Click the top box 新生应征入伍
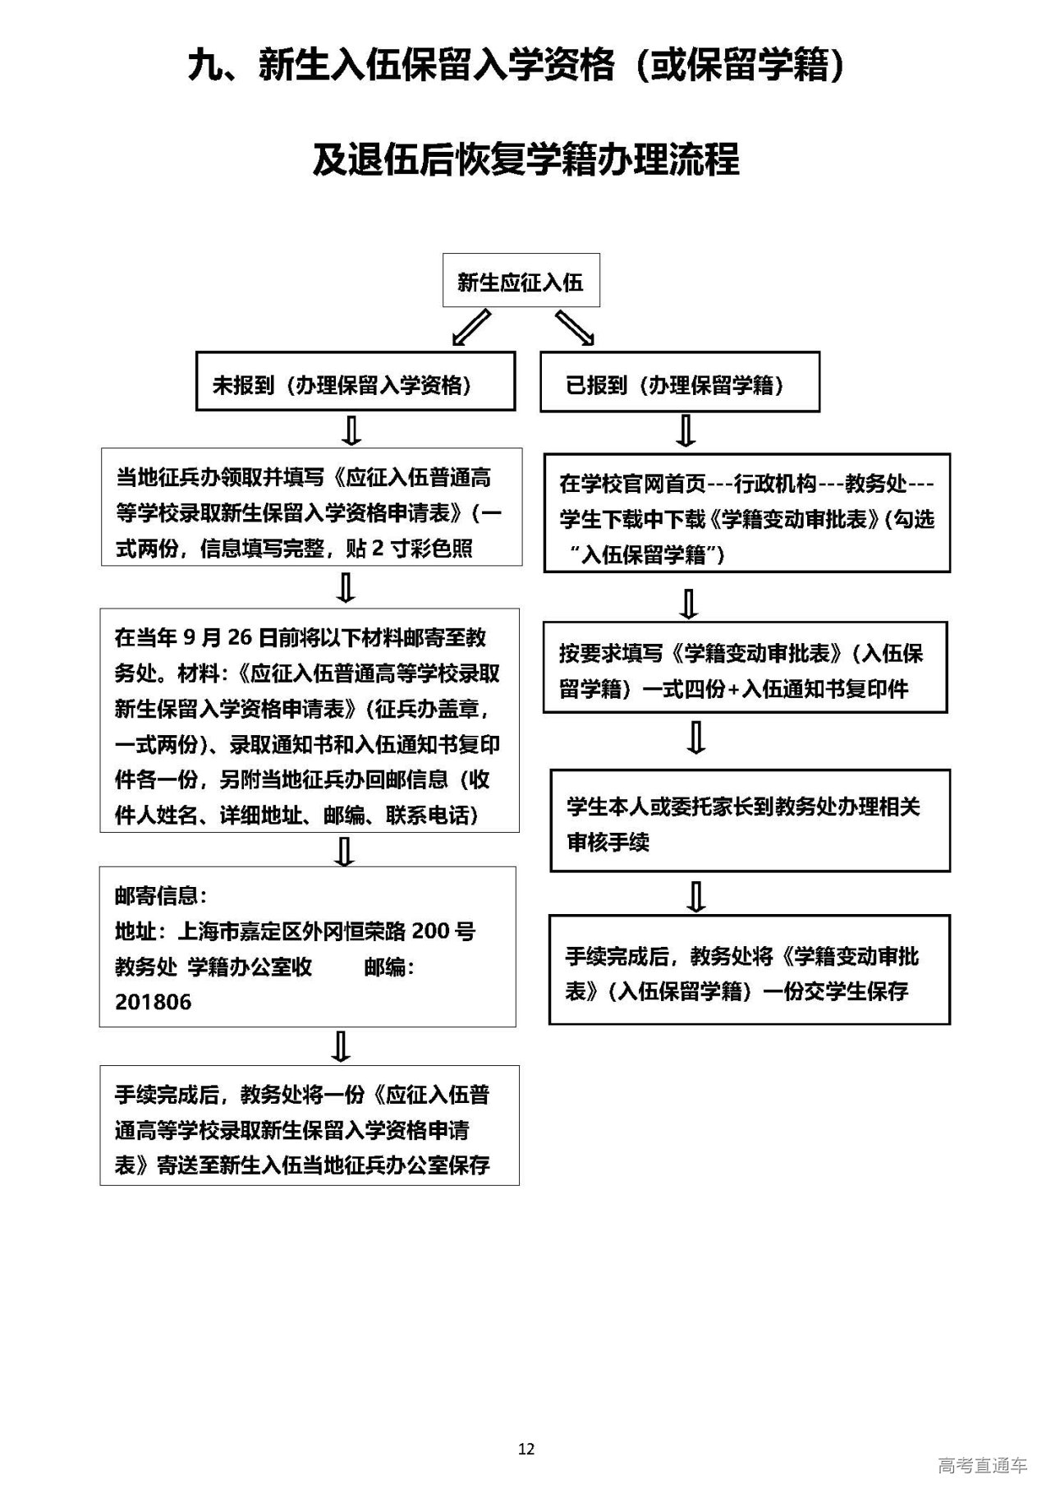coord(521,282)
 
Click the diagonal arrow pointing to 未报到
coord(471,328)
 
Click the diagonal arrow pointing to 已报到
coord(575,328)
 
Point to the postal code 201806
coord(154,1002)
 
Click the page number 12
coord(526,1449)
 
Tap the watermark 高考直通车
coord(982,1465)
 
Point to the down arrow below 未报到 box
coord(353,430)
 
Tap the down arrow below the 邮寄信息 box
coord(341,1046)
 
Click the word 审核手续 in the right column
coord(608,843)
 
